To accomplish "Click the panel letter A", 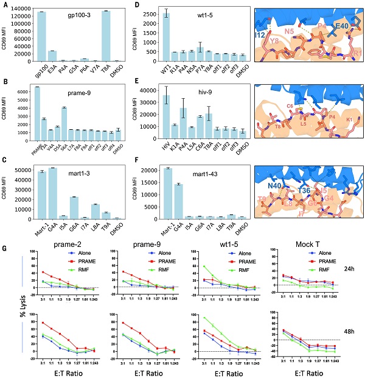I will [4, 5].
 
